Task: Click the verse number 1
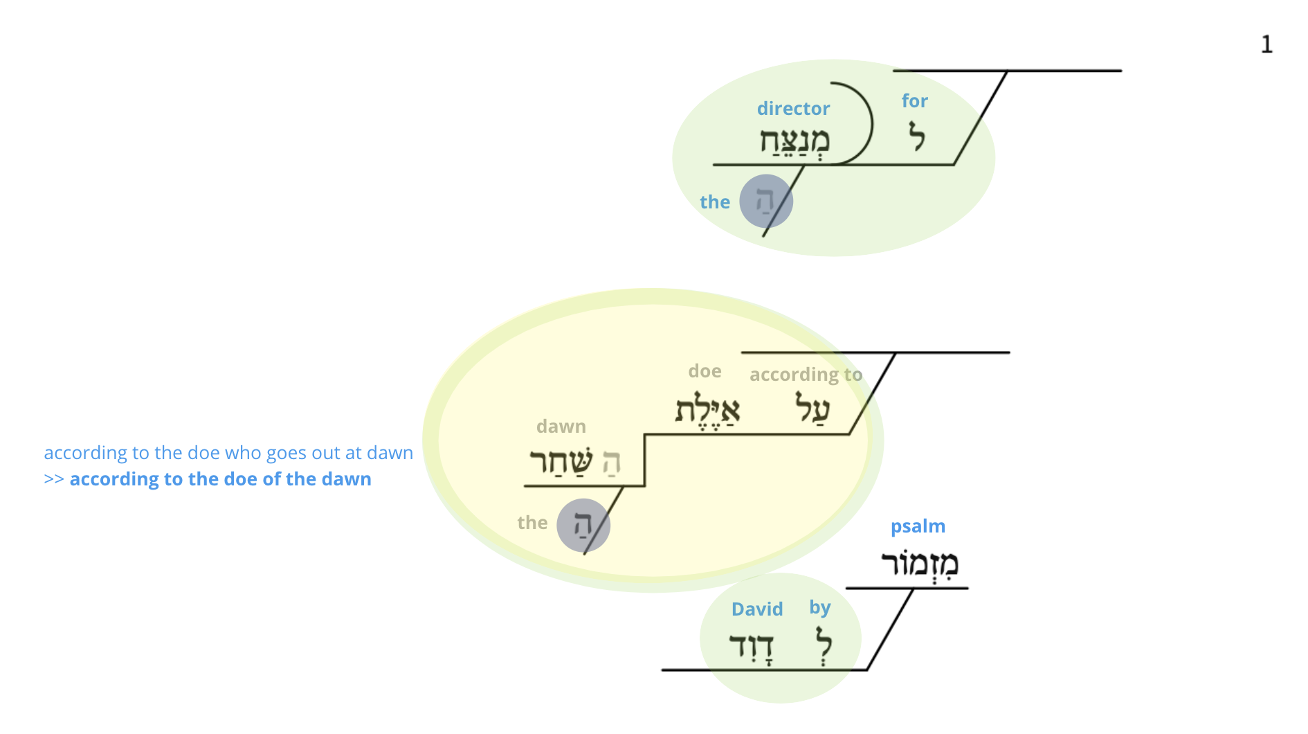[x=1266, y=44]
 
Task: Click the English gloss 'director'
[x=793, y=109]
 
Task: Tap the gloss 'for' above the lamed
[x=914, y=101]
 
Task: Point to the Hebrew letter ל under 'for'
[x=917, y=136]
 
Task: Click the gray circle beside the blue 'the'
[x=766, y=201]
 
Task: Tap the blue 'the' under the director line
[x=715, y=202]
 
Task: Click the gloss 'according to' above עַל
[x=806, y=375]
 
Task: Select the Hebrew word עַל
[x=812, y=408]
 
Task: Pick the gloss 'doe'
[x=705, y=371]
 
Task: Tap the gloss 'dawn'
[x=561, y=427]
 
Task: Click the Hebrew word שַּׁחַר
[x=561, y=461]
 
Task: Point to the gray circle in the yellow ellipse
[x=583, y=526]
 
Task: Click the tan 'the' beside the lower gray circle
[x=532, y=523]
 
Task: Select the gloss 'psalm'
[x=918, y=527]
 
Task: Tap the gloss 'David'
[x=757, y=609]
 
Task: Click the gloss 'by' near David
[x=820, y=608]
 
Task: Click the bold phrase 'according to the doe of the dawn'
[x=221, y=479]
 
